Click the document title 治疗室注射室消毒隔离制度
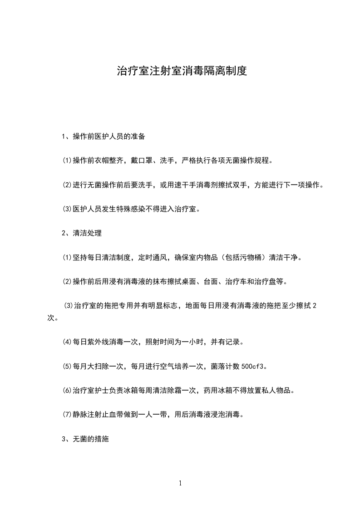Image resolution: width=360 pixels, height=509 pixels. tap(182, 71)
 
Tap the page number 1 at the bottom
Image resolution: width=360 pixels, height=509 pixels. tap(180, 483)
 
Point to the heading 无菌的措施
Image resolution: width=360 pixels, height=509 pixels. tap(91, 440)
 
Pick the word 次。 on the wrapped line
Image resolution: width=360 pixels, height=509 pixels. tap(52, 318)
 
